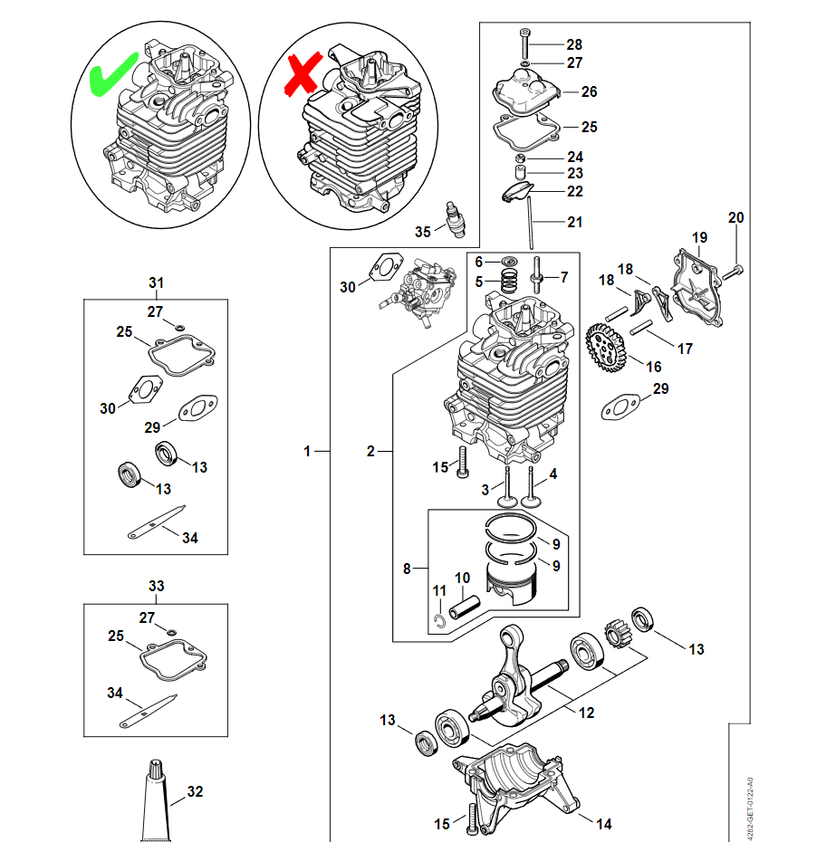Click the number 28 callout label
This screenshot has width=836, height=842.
click(574, 44)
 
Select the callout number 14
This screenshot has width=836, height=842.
click(604, 824)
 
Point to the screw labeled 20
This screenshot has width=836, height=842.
click(735, 271)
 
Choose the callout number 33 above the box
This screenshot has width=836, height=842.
click(156, 587)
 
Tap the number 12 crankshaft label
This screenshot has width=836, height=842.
click(586, 713)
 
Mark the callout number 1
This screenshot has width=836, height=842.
click(307, 450)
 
